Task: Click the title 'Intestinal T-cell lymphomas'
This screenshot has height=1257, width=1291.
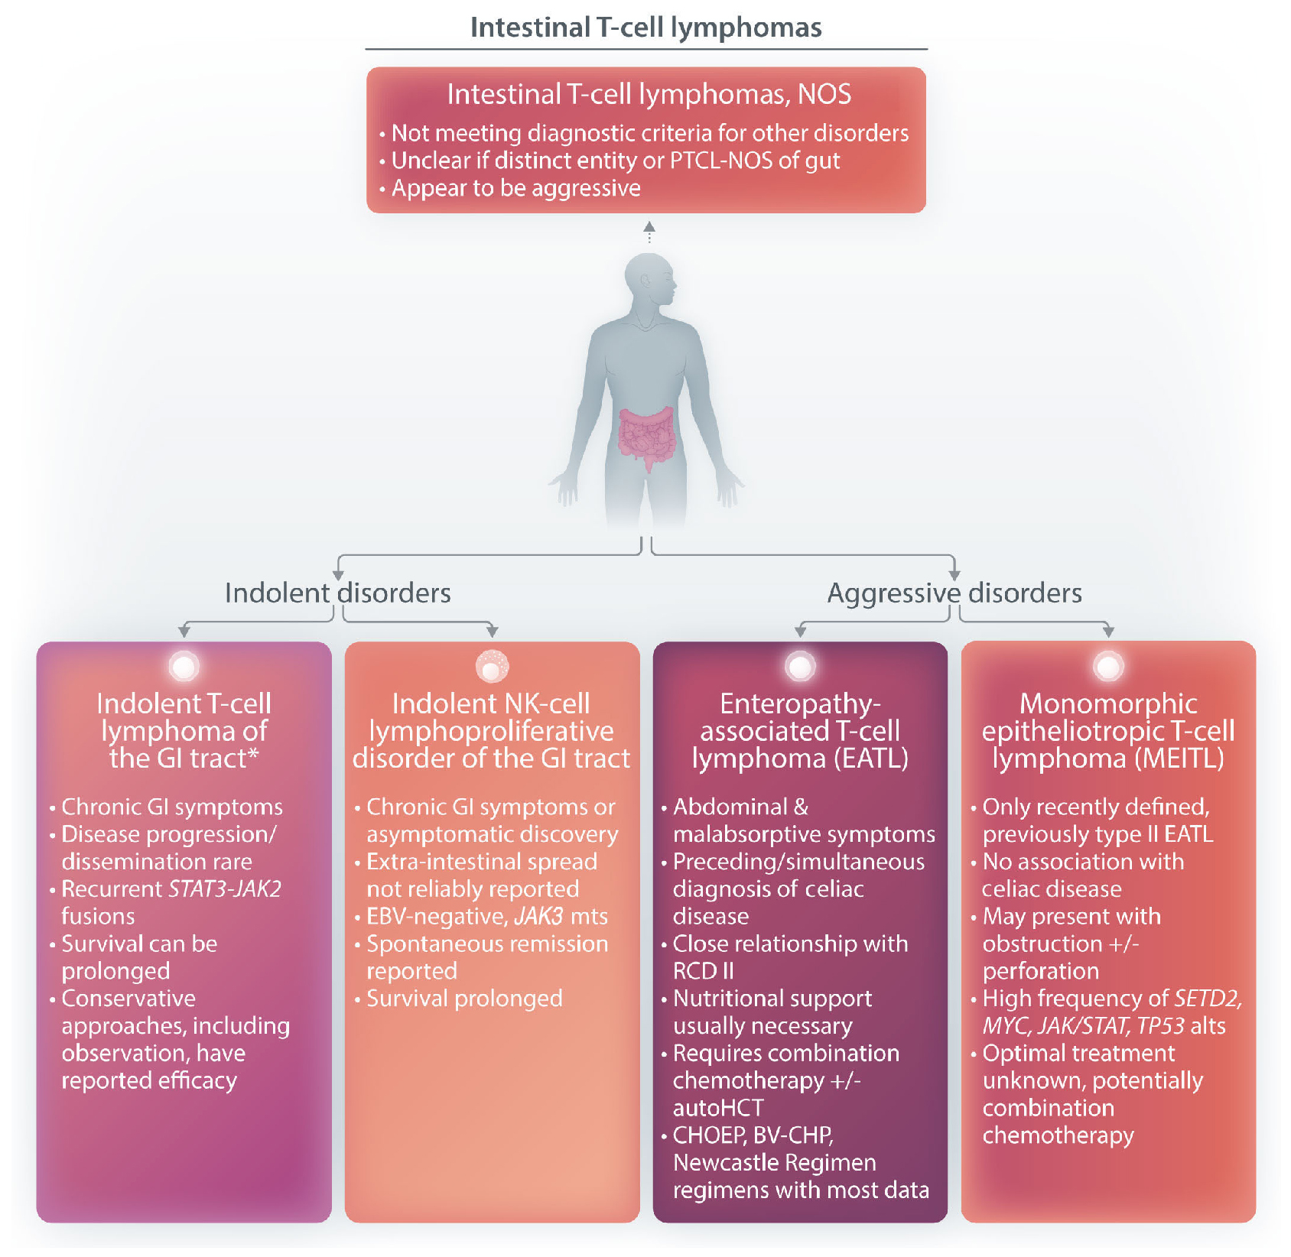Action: coord(645,28)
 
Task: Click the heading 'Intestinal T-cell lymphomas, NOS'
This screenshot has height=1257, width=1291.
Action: coord(649,94)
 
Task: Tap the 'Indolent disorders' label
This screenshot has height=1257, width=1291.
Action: coord(337,593)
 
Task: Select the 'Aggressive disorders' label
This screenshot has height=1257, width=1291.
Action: coord(954,593)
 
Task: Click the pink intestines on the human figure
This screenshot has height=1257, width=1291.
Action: coord(647,437)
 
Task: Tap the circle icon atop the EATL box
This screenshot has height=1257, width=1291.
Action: coord(800,666)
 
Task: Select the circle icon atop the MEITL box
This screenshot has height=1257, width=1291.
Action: coord(1108,666)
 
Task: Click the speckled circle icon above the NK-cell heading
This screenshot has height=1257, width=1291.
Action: coord(492,665)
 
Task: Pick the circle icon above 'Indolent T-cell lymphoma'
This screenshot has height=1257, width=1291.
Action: coord(184,666)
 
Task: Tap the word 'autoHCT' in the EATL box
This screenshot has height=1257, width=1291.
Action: coord(718,1107)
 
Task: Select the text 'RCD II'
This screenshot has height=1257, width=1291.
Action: coord(703,970)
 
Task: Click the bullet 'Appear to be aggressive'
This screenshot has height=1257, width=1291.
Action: coord(515,188)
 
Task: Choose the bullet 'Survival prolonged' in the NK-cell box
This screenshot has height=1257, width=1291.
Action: coord(464,998)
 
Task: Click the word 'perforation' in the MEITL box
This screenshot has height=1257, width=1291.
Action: coord(1040,970)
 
